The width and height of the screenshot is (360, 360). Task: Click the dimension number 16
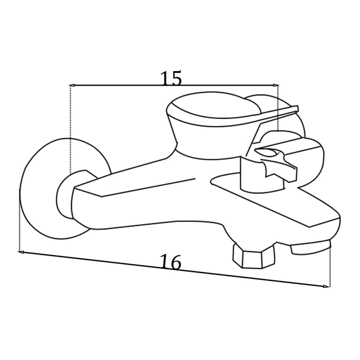coord(171,262)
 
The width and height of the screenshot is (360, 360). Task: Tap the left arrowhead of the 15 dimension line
coord(72,85)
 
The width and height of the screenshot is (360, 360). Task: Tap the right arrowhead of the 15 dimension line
coord(276,85)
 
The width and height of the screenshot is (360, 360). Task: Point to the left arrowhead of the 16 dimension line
coord(21,252)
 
